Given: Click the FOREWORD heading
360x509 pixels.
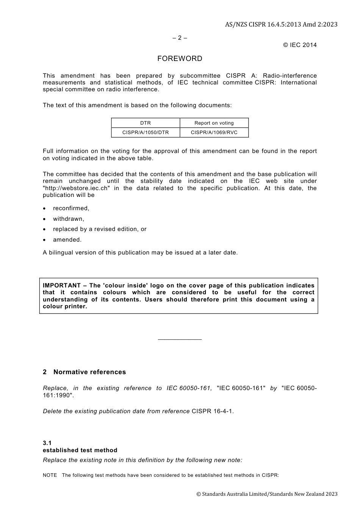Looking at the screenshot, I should tap(180, 59).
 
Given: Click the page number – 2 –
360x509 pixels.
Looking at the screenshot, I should tap(180, 38).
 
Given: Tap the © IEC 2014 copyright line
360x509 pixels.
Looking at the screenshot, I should tap(300, 45).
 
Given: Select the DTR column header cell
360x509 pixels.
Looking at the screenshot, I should tap(146, 123).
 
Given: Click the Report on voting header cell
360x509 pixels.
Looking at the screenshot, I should tap(214, 123).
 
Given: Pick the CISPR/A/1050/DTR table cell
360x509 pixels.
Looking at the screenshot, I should tap(146, 133).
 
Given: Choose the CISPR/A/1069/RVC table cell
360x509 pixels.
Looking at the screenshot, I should tap(214, 133).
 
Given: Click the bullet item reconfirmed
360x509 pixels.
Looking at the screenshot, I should tap(71, 208).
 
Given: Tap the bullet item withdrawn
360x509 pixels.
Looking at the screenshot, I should tap(68, 219).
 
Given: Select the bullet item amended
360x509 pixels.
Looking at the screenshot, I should tap(67, 240).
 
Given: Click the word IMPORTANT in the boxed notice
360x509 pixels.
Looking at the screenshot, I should tap(62, 286).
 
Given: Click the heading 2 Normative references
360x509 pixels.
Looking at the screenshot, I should tap(85, 372).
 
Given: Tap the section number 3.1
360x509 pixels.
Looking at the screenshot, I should tap(47, 443).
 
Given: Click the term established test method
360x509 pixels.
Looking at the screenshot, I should tap(80, 450).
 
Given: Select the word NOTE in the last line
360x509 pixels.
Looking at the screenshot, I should tap(50, 475).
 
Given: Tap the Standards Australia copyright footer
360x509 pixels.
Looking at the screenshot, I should tap(267, 494).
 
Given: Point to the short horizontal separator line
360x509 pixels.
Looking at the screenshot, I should tap(180, 340).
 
